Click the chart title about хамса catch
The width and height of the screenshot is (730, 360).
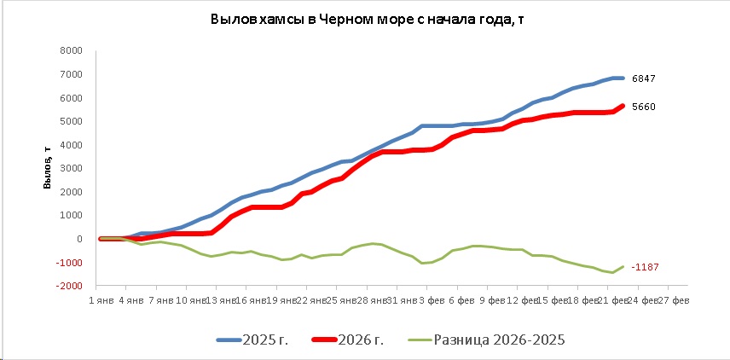point(364,19)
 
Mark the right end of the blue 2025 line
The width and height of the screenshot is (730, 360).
point(623,78)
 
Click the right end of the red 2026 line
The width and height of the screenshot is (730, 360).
point(623,106)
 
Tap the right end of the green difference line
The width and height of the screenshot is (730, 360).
point(623,266)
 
